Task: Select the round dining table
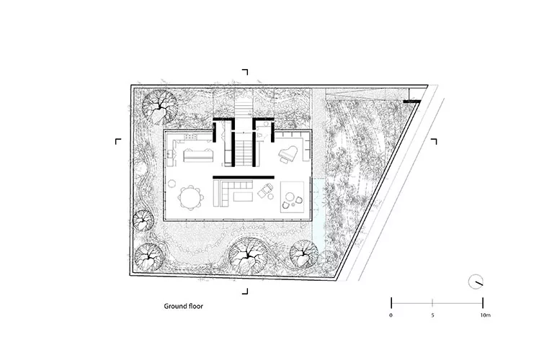coord(191,198)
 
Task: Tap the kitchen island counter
coord(198,155)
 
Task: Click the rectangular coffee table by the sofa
coord(243,196)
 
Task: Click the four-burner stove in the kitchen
coord(191,136)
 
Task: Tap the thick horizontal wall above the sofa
coord(244,177)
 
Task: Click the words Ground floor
coord(183,306)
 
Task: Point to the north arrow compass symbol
coord(476,282)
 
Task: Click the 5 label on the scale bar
coord(432,315)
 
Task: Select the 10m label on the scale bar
coord(485,315)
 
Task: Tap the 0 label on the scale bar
coord(391,315)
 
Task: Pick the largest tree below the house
coord(248,255)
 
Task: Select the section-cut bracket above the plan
coord(245,72)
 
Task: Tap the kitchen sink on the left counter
coord(170,154)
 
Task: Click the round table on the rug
coord(290,197)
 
